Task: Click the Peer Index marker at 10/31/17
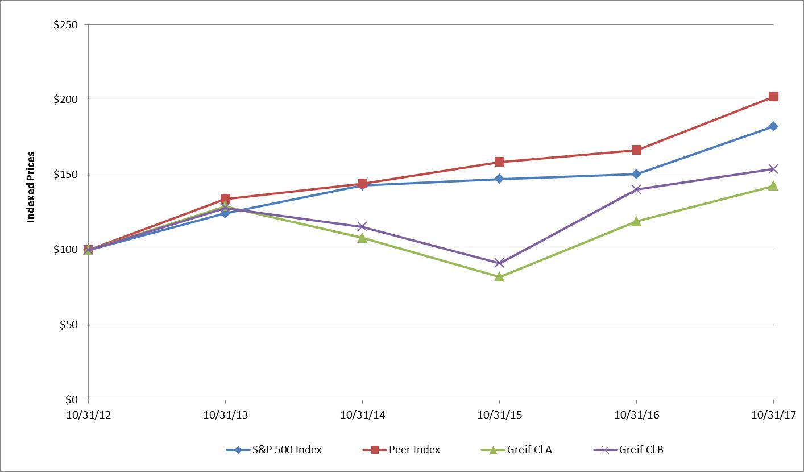pyautogui.click(x=773, y=97)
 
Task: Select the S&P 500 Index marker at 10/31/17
pyautogui.click(x=773, y=126)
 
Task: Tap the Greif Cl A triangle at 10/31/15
pyautogui.click(x=499, y=277)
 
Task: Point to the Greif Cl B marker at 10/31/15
pyautogui.click(x=499, y=263)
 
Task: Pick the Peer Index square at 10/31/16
pyautogui.click(x=636, y=150)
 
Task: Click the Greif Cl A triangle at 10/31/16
pyautogui.click(x=636, y=221)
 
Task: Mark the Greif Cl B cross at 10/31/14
pyautogui.click(x=362, y=226)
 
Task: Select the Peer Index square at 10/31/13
pyautogui.click(x=225, y=199)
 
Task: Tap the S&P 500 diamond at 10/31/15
pyautogui.click(x=499, y=179)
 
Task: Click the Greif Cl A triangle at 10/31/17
pyautogui.click(x=773, y=185)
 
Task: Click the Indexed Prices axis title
pyautogui.click(x=31, y=187)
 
